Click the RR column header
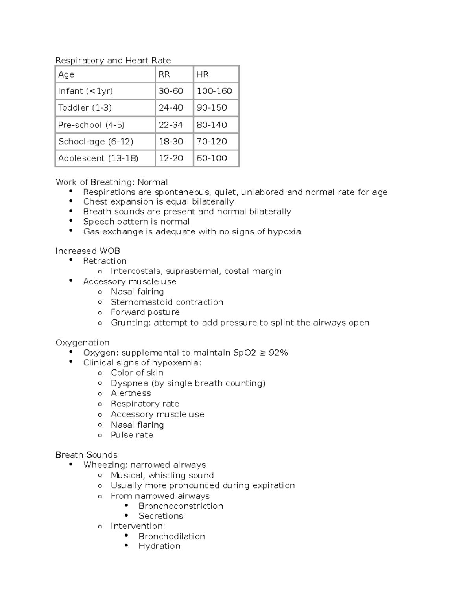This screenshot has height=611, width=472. point(164,74)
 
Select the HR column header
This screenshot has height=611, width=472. point(203,74)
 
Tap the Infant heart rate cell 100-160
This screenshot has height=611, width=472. point(214,91)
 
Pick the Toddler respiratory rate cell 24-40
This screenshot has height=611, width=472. point(171,108)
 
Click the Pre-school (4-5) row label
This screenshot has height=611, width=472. point(91,125)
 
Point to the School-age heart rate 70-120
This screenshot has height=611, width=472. point(212,142)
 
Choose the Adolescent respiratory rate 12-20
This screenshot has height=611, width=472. point(171,158)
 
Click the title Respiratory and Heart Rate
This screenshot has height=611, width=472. point(113,60)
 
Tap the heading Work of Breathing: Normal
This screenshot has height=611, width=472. point(112,182)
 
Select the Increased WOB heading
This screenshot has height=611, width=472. point(88,251)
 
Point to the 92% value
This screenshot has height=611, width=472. point(278,353)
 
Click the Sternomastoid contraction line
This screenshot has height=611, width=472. point(167,302)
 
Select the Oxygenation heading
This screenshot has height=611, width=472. point(82,343)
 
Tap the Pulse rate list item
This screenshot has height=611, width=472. point(132,435)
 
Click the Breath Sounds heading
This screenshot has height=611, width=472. point(87,455)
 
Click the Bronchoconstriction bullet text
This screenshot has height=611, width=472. point(181,506)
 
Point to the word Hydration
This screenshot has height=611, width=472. point(159,546)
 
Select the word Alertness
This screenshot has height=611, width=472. point(131,393)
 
